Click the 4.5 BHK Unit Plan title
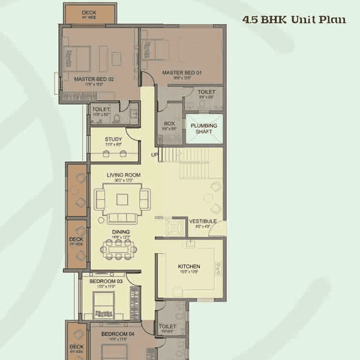point(293,19)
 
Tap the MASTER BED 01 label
point(181,73)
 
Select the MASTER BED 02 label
point(94,79)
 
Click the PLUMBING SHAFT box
point(203,128)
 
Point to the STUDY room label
point(113,139)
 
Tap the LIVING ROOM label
point(124,175)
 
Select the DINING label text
point(120,232)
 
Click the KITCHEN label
point(189,266)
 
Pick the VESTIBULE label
point(202,221)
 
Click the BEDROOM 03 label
point(106,281)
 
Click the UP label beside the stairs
point(155,155)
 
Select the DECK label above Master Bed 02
point(89,12)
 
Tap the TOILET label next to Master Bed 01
point(206,92)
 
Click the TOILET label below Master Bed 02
point(101,110)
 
